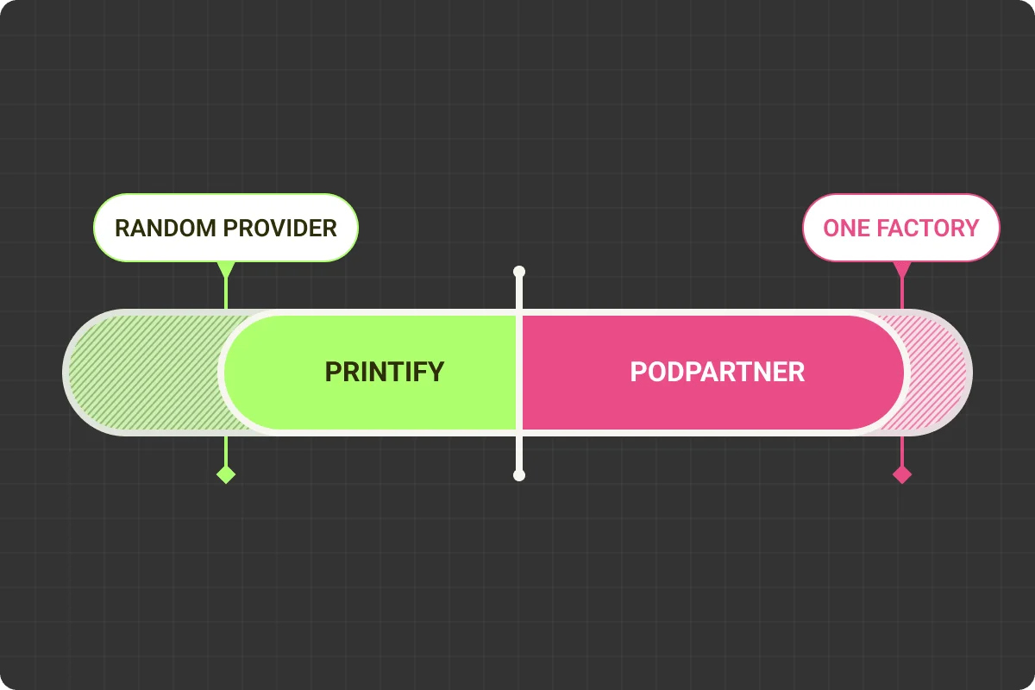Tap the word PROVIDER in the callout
click(x=280, y=229)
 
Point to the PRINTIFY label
click(x=384, y=372)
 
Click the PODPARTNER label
click(x=717, y=372)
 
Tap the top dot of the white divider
click(x=518, y=272)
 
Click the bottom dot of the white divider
click(x=518, y=474)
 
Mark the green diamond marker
click(x=226, y=474)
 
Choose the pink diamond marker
click(x=902, y=474)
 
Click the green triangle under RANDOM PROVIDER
click(x=226, y=268)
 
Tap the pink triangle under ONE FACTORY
click(x=902, y=268)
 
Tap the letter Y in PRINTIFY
click(x=436, y=372)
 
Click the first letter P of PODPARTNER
click(x=637, y=372)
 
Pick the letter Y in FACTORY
click(x=972, y=229)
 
